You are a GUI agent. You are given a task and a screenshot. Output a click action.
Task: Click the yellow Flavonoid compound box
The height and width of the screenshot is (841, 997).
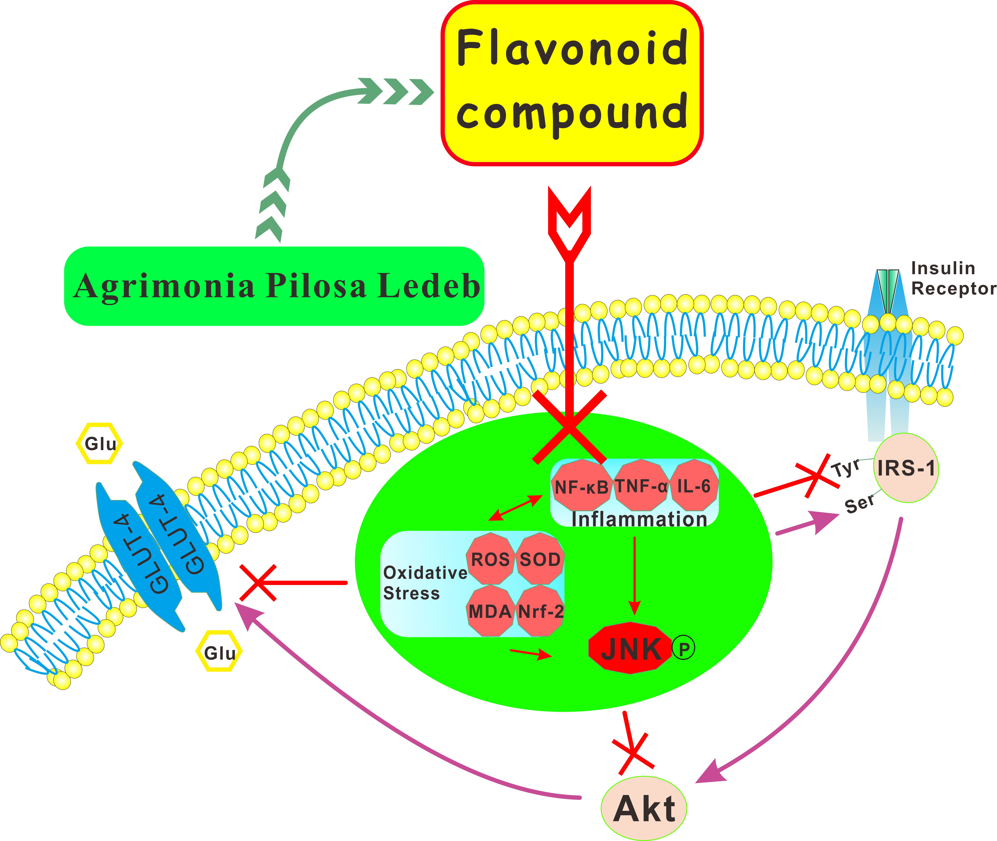[x=572, y=84]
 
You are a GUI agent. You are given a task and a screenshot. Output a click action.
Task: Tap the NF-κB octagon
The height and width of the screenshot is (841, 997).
[x=581, y=486]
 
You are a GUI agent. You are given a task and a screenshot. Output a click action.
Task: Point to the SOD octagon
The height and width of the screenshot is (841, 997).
[x=540, y=559]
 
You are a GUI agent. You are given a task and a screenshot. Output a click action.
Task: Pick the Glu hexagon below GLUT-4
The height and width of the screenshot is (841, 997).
[x=219, y=652]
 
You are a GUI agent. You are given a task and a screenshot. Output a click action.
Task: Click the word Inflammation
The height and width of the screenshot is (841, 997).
[x=639, y=519]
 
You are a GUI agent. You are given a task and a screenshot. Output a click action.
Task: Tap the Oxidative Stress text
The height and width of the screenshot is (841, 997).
[x=424, y=583]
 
